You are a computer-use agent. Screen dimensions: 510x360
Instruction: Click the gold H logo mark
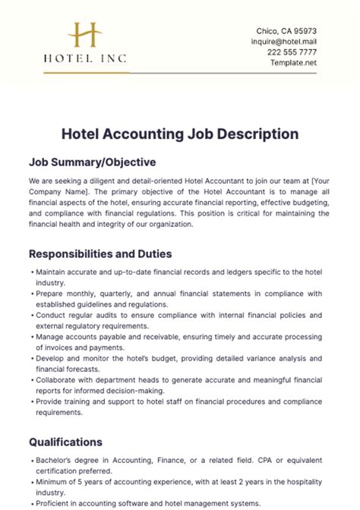pos(84,36)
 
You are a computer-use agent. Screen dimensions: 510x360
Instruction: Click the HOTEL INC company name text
pos(85,58)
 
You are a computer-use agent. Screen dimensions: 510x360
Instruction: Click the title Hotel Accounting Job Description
pos(179,134)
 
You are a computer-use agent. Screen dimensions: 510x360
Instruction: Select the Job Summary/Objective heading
pos(92,162)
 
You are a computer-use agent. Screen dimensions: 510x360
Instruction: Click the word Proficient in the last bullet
pos(54,502)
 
